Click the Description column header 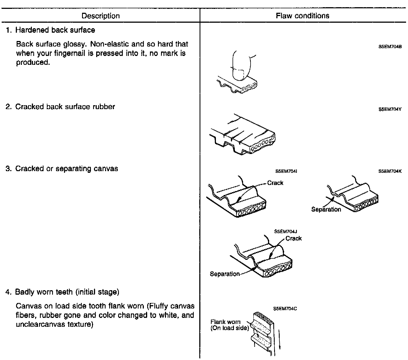click(x=101, y=16)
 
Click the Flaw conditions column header click(x=303, y=16)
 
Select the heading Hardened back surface click(x=55, y=30)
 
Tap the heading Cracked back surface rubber click(x=65, y=107)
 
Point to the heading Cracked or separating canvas click(x=67, y=168)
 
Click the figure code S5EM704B click(x=390, y=47)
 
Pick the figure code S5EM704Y click(x=390, y=109)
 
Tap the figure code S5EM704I click(x=286, y=171)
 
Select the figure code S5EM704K click(x=390, y=171)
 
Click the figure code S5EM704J click(x=285, y=232)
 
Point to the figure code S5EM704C click(x=285, y=308)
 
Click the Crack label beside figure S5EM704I click(x=275, y=183)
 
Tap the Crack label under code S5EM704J click(x=294, y=238)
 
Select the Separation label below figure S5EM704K click(x=326, y=209)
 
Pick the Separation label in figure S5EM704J click(x=225, y=274)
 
